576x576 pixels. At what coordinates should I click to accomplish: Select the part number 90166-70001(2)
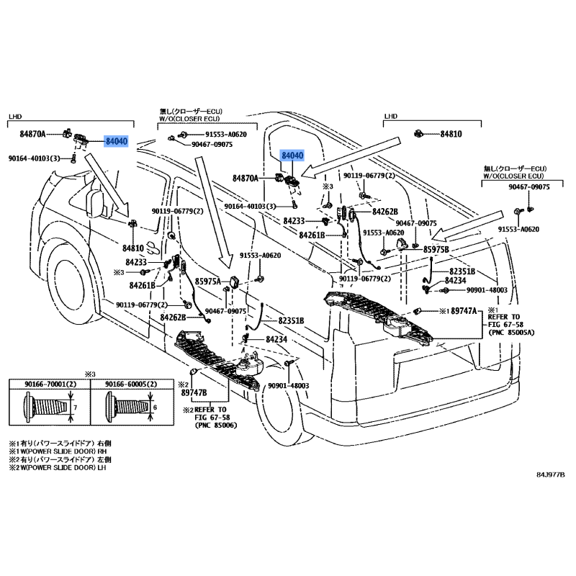[48, 386]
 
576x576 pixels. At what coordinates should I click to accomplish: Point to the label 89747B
[194, 392]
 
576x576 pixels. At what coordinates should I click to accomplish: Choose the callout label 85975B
[435, 249]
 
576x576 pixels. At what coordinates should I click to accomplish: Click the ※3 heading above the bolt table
[90, 374]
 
